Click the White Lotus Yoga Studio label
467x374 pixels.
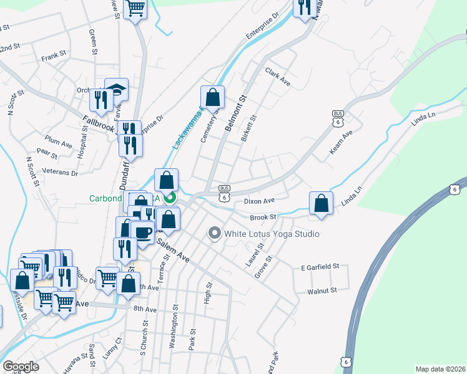272,234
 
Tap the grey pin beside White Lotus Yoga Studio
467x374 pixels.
215,234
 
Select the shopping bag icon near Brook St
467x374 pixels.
320,203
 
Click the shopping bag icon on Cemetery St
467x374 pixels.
212,97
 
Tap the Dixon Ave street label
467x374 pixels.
260,201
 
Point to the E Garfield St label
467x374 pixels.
319,267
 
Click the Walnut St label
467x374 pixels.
322,290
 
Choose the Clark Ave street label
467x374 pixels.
278,77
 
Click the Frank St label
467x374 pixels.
54,57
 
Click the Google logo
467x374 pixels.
21,367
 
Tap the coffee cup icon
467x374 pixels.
142,233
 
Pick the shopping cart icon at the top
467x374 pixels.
135,9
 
